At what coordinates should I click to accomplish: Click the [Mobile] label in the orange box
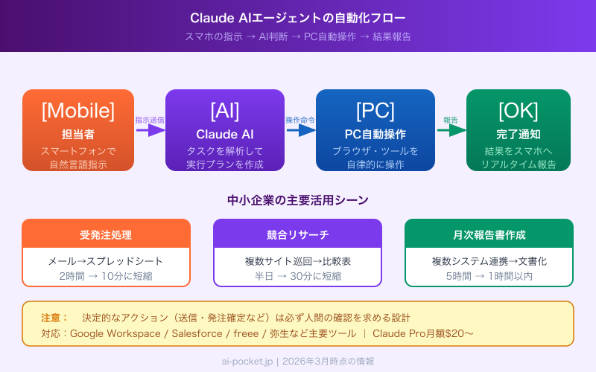coord(78,110)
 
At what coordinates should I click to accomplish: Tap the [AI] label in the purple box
coord(225,110)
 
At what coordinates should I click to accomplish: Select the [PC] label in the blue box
coord(375,110)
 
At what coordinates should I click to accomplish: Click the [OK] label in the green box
coord(518,110)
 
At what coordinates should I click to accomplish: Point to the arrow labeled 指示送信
coord(150,130)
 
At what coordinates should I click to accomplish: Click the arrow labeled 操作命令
coord(301,130)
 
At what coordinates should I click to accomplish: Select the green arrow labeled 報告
coord(451,130)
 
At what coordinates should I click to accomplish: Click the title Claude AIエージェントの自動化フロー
coord(298,17)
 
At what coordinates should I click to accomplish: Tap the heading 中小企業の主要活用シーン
coord(298,199)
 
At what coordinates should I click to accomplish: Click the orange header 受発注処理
coord(106,234)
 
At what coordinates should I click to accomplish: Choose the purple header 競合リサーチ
coord(297,234)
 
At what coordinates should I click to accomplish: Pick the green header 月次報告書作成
coord(489,234)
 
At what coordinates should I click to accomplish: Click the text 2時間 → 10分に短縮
coord(106,276)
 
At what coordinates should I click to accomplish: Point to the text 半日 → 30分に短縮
coord(297,276)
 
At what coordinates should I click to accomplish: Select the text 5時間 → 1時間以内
coord(489,276)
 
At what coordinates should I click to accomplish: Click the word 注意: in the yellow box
coord(54,317)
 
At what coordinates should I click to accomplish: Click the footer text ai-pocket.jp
coord(247,361)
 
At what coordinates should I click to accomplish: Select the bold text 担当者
coord(78,134)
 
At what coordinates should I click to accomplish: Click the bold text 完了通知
coord(518,134)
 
